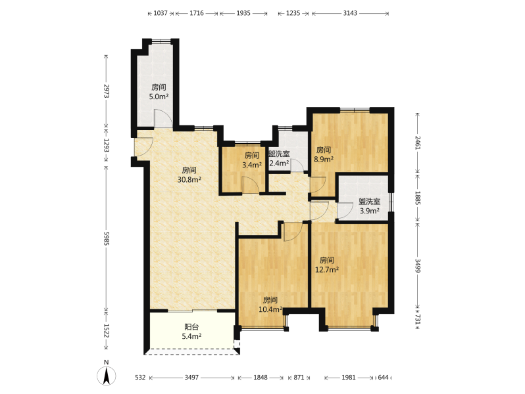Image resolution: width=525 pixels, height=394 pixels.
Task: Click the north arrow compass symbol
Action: tap(107, 375)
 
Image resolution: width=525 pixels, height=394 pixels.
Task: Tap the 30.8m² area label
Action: tap(189, 180)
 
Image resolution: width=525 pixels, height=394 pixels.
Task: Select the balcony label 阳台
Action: tap(191, 327)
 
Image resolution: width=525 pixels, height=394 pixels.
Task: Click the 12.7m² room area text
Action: tap(327, 269)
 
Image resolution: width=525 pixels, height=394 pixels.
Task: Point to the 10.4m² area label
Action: tap(270, 309)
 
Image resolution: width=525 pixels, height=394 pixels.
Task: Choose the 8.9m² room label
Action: tap(324, 160)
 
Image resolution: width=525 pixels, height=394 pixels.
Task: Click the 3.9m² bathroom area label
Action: tap(369, 211)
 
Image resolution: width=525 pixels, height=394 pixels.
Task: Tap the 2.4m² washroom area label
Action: tap(279, 163)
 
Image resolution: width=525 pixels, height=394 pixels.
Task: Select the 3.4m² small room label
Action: tap(252, 165)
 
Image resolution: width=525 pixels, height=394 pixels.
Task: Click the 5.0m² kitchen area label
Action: tap(159, 97)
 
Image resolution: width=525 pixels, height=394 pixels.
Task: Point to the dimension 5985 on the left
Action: tap(106, 238)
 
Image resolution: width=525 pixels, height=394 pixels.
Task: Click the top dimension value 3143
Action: tap(350, 13)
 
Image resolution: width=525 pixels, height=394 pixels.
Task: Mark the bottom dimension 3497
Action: tap(191, 378)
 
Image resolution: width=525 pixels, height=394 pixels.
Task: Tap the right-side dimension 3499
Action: tap(418, 265)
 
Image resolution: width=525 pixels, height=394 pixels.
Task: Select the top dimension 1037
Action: tap(161, 13)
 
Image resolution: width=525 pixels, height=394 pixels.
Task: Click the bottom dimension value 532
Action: tap(140, 378)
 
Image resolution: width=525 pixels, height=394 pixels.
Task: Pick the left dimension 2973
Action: tap(106, 91)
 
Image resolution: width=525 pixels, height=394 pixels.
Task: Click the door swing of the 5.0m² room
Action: tap(163, 119)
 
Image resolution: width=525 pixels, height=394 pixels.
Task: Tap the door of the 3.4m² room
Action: tap(250, 185)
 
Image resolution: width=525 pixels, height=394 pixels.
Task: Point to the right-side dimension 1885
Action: tap(418, 198)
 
